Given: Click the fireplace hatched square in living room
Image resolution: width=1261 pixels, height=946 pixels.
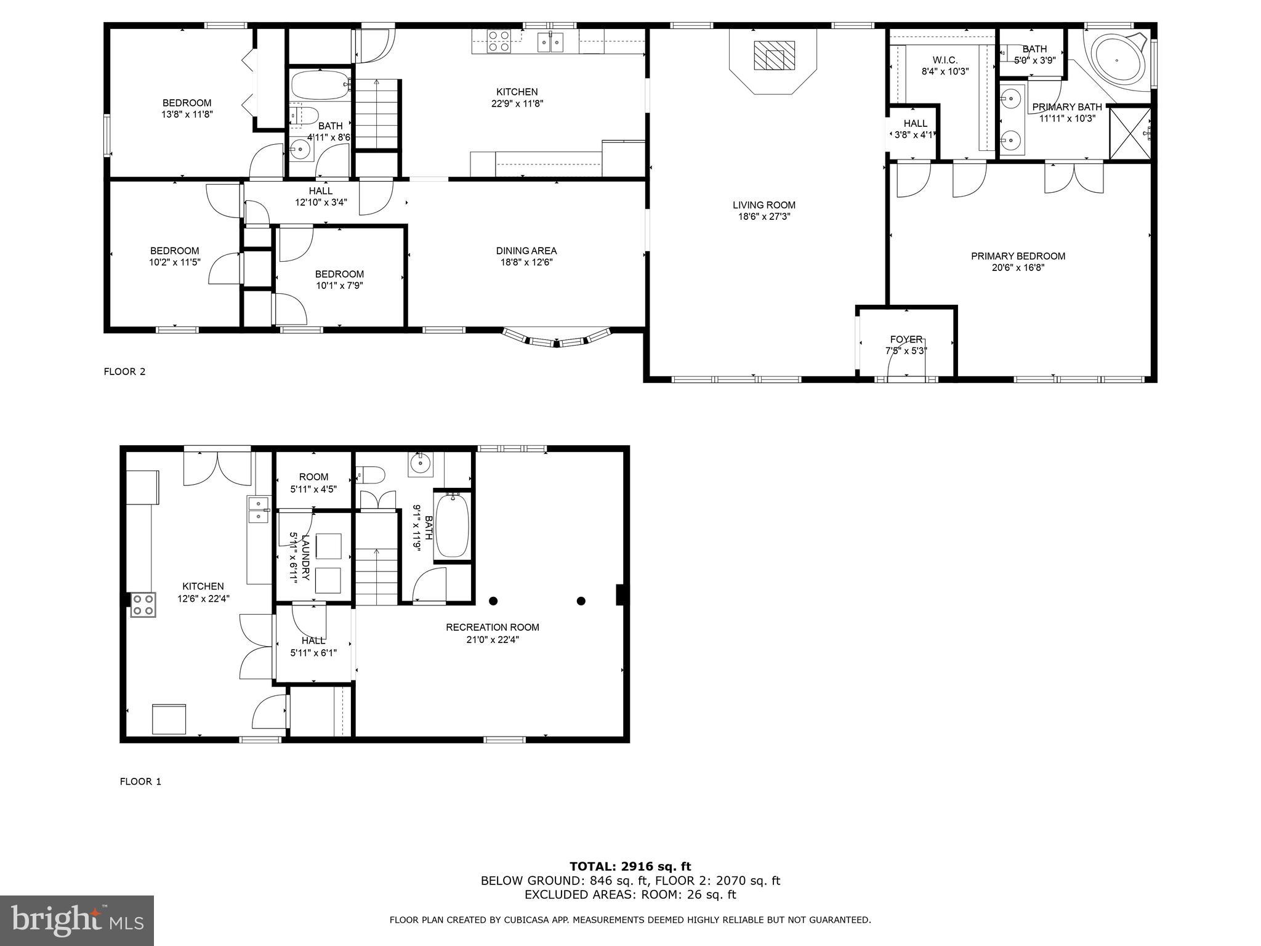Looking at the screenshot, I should (x=774, y=55).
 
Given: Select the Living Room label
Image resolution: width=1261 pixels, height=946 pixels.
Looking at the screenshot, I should (x=763, y=205).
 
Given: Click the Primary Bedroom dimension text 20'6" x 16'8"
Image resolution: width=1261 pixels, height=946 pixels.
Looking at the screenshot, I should (x=1018, y=268).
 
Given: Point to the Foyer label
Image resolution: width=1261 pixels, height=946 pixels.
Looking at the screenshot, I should (x=906, y=339).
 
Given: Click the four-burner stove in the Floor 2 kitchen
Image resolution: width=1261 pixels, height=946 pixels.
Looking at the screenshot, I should (x=498, y=41).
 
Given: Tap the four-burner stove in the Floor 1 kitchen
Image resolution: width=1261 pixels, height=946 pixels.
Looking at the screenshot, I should (x=143, y=604).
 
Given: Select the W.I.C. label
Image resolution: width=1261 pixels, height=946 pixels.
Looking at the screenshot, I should (x=945, y=60).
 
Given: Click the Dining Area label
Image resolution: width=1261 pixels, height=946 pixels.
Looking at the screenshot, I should (x=526, y=251).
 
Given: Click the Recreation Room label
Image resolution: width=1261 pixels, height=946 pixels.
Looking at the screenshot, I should (x=492, y=627).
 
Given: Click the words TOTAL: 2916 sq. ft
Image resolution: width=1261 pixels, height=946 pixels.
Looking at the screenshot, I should (x=630, y=867).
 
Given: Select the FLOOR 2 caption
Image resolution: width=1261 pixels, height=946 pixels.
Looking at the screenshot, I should (x=124, y=371).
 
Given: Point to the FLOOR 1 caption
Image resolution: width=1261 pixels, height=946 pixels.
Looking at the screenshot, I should (x=140, y=782).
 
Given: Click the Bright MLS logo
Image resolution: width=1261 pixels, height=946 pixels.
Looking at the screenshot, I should (x=76, y=920).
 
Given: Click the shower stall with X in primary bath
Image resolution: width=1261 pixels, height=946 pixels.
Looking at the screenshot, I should (x=1129, y=133).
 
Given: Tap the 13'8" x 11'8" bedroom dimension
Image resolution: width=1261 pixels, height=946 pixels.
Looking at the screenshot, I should (x=187, y=114).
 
